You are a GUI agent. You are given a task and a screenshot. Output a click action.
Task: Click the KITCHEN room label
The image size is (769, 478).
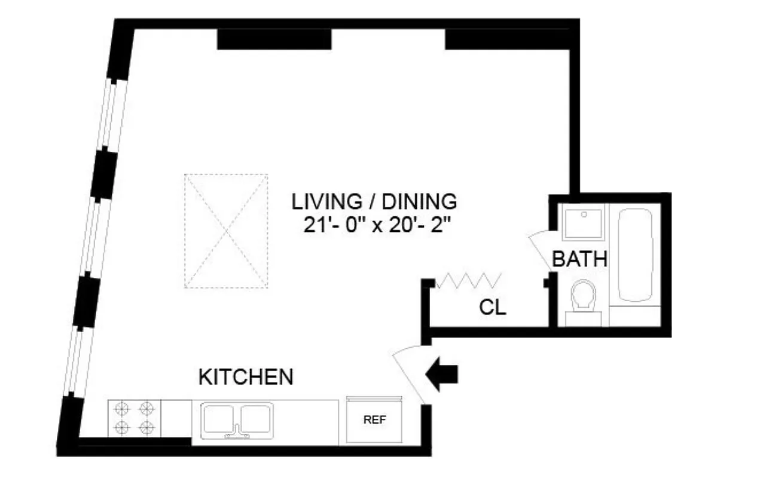246,377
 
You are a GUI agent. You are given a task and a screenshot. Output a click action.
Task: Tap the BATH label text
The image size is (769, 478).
579,259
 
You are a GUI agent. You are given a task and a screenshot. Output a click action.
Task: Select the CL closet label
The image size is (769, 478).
493,308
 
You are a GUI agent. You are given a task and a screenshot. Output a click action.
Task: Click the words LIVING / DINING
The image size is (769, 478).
374,201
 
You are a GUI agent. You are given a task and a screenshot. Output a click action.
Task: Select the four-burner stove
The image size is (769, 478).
135,418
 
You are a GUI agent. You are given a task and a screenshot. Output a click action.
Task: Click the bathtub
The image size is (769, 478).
639,255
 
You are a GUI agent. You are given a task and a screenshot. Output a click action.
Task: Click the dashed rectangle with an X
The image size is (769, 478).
225,231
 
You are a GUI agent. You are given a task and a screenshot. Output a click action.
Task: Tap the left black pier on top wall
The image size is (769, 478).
273,39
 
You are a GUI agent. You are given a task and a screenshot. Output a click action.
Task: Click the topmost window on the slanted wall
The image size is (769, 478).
113,113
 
